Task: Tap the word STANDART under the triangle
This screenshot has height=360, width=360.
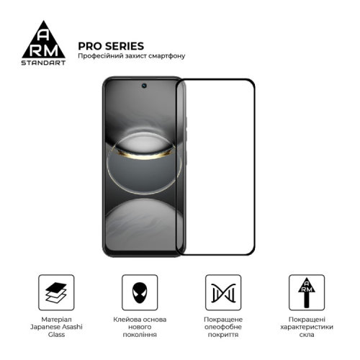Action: coord(43,63)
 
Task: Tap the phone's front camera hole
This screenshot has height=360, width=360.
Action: coord(144,86)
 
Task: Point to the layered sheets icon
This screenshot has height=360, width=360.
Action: coord(56,292)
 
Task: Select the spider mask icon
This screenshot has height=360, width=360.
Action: coord(140,293)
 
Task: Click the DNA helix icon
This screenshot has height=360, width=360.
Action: coord(223,292)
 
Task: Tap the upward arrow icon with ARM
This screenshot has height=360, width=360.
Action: coord(307,292)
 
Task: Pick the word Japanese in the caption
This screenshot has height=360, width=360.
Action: coord(45,328)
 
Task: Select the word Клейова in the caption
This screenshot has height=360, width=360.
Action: coord(126,320)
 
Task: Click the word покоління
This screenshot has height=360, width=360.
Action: coord(140,335)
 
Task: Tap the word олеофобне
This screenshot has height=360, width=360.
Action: coord(223,327)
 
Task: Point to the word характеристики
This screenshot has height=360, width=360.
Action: coord(307,328)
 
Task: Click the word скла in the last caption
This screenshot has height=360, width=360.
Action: coord(307,335)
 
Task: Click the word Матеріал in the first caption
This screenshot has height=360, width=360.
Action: coord(56,320)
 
